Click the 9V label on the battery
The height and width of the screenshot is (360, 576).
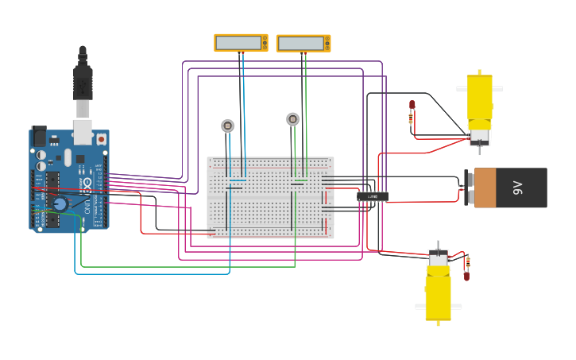point(517,188)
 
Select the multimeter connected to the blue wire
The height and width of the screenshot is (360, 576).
point(241,43)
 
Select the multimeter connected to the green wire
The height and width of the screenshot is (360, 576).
point(303,43)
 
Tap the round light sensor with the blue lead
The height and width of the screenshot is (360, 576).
point(228,126)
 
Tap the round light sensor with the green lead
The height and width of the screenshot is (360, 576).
point(293,119)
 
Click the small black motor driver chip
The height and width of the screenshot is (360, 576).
point(373,195)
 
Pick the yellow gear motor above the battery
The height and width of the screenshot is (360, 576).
point(479,103)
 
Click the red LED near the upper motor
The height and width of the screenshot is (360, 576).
point(412,105)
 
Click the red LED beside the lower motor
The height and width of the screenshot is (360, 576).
point(466,276)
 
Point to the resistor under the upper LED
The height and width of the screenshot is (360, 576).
point(411,119)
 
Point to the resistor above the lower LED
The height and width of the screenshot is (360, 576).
point(466,261)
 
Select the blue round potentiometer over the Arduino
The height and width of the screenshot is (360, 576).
point(60,203)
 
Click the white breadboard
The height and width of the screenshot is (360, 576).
point(270,197)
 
